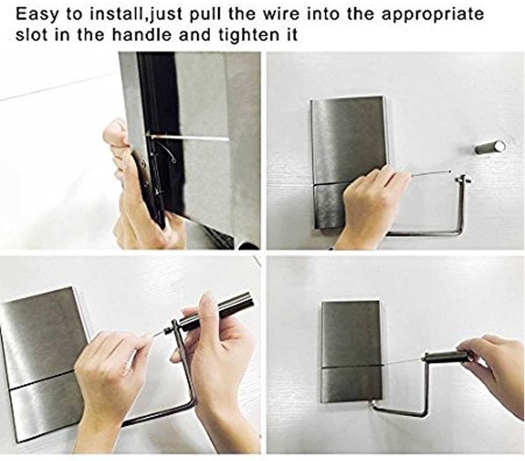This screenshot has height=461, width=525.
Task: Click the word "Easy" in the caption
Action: pyautogui.click(x=37, y=15)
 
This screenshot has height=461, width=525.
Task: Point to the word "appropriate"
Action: pyautogui.click(x=433, y=15)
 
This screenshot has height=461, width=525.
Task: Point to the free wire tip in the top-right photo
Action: pyautogui.click(x=450, y=171)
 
